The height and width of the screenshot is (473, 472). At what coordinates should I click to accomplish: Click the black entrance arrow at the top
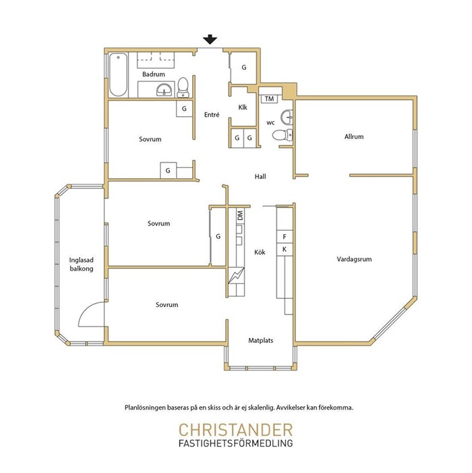(x=210, y=40)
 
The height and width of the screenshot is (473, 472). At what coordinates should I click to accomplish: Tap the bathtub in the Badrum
(x=118, y=75)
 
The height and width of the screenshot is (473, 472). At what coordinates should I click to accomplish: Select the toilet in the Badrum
(x=183, y=88)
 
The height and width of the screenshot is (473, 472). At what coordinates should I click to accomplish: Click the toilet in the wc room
(x=283, y=135)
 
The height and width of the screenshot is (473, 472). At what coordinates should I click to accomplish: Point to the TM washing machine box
(x=269, y=99)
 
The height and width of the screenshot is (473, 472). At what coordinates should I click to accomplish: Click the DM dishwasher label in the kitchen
(x=240, y=215)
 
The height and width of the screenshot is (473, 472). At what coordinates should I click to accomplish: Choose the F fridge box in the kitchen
(x=285, y=237)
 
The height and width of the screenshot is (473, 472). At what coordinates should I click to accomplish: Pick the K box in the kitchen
(x=285, y=250)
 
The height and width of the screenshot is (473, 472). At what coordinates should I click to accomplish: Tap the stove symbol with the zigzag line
(x=236, y=275)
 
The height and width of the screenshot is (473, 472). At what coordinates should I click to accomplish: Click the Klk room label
(x=243, y=107)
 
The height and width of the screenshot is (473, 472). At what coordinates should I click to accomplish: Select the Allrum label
(x=354, y=136)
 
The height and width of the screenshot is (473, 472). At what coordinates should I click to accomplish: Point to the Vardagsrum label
(x=354, y=259)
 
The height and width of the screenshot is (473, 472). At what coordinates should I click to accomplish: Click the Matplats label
(x=261, y=340)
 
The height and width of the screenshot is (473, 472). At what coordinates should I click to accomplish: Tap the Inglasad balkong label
(x=82, y=265)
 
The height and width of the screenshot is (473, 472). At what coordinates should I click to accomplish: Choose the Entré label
(x=212, y=115)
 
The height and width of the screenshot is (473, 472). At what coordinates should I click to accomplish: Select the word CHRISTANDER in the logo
(x=236, y=430)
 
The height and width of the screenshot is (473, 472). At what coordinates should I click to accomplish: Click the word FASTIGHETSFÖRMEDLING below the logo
(x=236, y=443)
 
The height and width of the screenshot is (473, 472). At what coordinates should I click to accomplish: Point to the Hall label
(x=260, y=177)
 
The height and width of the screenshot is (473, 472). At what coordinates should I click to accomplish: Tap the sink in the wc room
(x=287, y=117)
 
